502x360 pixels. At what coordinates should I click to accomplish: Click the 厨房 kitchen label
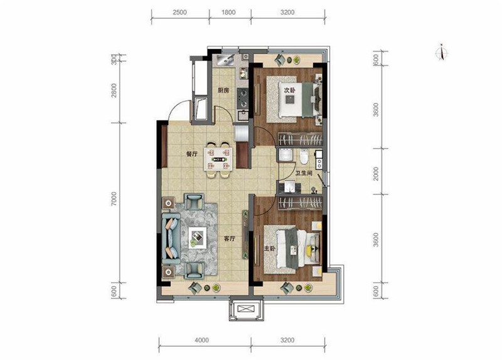coord(223,90)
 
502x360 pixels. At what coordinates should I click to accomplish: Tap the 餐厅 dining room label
coord(192,154)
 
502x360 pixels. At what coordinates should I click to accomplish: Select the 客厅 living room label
coord(230,239)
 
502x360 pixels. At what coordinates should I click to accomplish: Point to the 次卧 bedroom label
coord(289,90)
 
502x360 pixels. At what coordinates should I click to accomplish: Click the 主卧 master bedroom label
coord(270,248)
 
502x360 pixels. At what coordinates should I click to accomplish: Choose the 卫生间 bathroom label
coord(304,173)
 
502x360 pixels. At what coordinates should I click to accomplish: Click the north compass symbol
coord(442,53)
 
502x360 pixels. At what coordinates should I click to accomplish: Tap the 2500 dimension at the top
coord(179,13)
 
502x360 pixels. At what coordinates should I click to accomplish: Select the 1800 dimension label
coord(228,13)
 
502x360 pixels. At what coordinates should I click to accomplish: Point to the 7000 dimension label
coord(114,199)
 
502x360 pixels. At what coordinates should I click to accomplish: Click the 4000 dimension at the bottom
coord(201,340)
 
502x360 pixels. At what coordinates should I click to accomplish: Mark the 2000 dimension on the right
coord(376,174)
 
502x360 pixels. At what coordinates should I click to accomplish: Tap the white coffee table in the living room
coord(198,238)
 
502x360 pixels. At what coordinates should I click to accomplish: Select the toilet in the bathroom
coord(304,157)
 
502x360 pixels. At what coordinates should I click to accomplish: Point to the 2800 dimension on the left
coord(114,90)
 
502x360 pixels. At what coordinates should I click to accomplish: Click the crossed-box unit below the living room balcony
coord(246,309)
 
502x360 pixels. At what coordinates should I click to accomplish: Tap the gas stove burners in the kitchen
coord(243,98)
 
